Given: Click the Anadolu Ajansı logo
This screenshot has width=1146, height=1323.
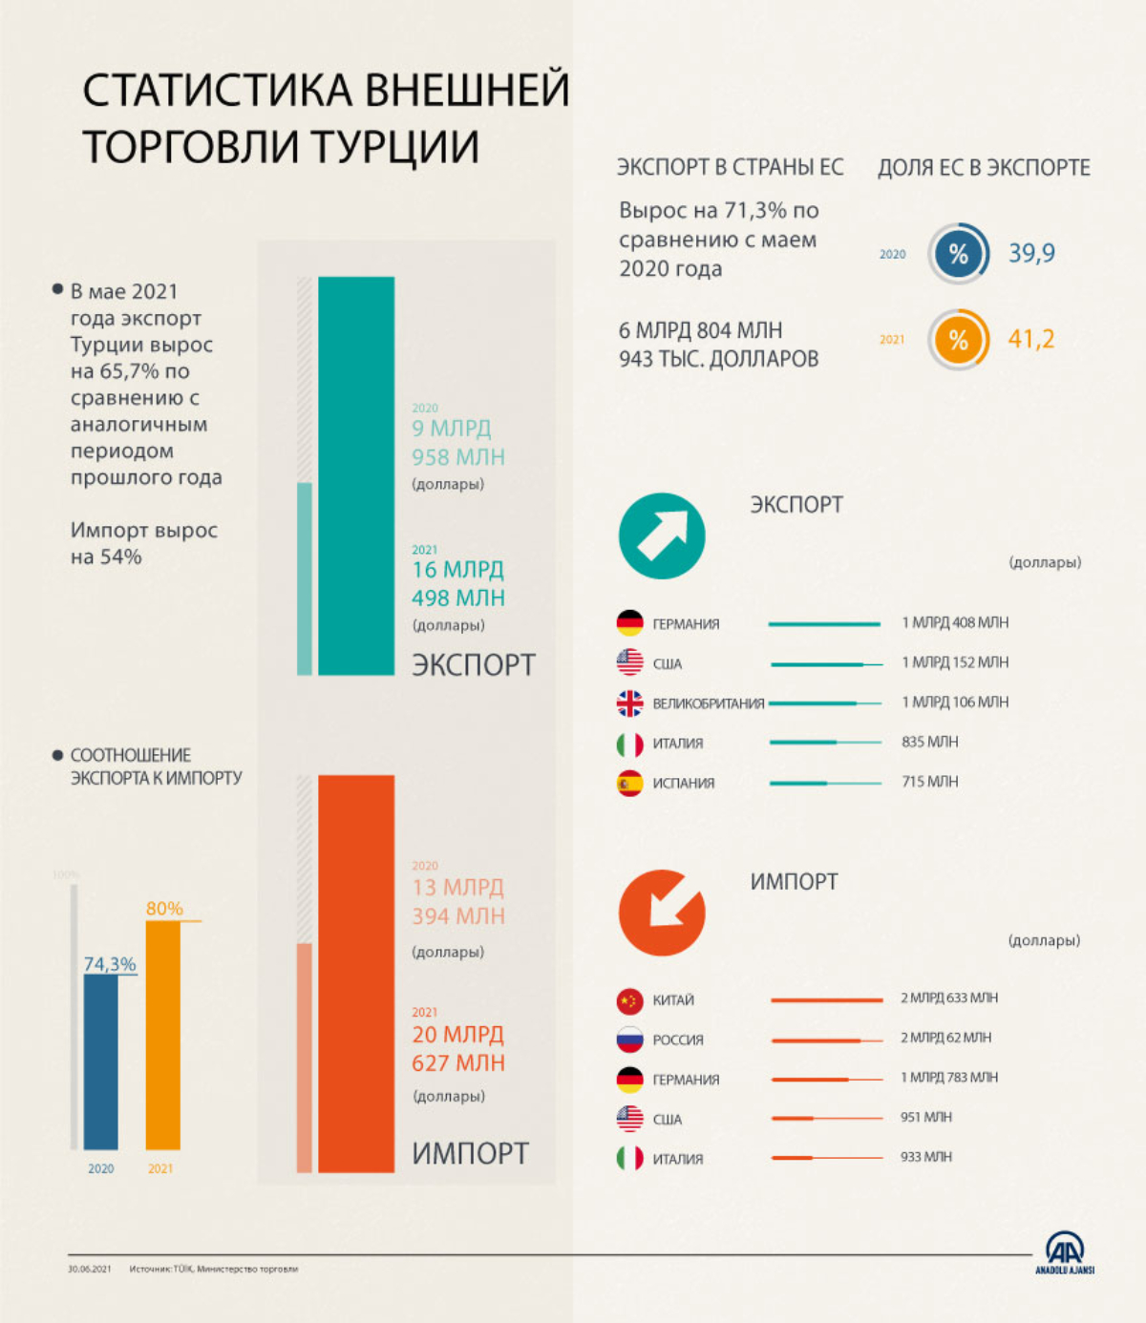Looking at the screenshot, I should [1064, 1251].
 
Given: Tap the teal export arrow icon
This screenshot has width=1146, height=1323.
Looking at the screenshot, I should [662, 535].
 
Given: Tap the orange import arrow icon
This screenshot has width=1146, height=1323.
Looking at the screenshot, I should [662, 913].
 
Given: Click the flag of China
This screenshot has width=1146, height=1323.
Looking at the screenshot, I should [629, 1000].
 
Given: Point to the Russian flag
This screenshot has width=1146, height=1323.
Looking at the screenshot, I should [629, 1039].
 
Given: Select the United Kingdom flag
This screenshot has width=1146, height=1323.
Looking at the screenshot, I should [629, 703].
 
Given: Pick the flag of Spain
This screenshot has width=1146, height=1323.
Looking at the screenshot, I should [629, 783].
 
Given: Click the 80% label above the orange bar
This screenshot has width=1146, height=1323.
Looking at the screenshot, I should [164, 908].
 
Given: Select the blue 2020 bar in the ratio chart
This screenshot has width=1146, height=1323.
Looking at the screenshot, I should [101, 1061].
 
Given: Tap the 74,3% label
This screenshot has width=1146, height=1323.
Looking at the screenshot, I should [110, 964].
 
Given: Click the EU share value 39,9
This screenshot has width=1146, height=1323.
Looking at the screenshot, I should [1031, 253].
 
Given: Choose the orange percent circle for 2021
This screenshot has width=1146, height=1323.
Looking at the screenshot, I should [958, 339].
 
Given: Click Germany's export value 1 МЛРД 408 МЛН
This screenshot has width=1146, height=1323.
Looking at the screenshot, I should [955, 622].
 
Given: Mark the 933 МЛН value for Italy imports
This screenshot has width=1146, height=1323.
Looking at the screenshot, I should [925, 1157].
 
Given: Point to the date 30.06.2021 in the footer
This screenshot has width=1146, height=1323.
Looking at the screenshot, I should [89, 1269].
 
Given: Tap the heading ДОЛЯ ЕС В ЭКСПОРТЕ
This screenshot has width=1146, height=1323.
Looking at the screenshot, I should [984, 168].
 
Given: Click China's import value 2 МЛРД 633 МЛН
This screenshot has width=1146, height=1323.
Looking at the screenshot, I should [948, 997].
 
